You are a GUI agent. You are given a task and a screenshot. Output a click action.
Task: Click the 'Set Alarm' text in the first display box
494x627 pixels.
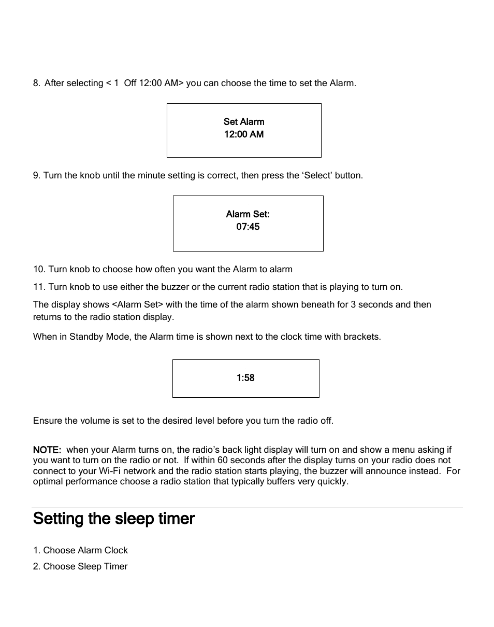(244, 122)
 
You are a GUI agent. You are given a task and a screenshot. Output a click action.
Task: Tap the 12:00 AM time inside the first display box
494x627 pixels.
(244, 134)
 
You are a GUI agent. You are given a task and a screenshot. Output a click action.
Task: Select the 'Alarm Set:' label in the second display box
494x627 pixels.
(248, 214)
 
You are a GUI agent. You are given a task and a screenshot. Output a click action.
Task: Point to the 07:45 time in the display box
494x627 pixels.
(248, 227)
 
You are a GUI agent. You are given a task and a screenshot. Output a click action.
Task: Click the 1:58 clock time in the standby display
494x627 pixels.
(245, 378)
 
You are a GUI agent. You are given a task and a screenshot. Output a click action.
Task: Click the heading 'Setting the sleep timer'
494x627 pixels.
(114, 519)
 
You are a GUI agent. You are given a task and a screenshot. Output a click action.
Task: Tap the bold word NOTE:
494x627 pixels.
(47, 450)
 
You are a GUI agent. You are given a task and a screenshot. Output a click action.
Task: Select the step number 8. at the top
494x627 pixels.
(37, 83)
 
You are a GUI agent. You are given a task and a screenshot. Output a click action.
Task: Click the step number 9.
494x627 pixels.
(37, 175)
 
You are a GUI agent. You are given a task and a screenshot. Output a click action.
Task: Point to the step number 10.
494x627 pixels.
(39, 269)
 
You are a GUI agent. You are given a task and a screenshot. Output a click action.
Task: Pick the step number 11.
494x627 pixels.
(39, 287)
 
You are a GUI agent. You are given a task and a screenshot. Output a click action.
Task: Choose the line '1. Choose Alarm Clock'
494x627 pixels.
(80, 550)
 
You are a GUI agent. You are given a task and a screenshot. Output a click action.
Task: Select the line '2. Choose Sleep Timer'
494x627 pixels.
(80, 566)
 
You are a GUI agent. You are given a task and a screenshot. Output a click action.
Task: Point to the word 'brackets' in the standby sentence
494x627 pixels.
(363, 337)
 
